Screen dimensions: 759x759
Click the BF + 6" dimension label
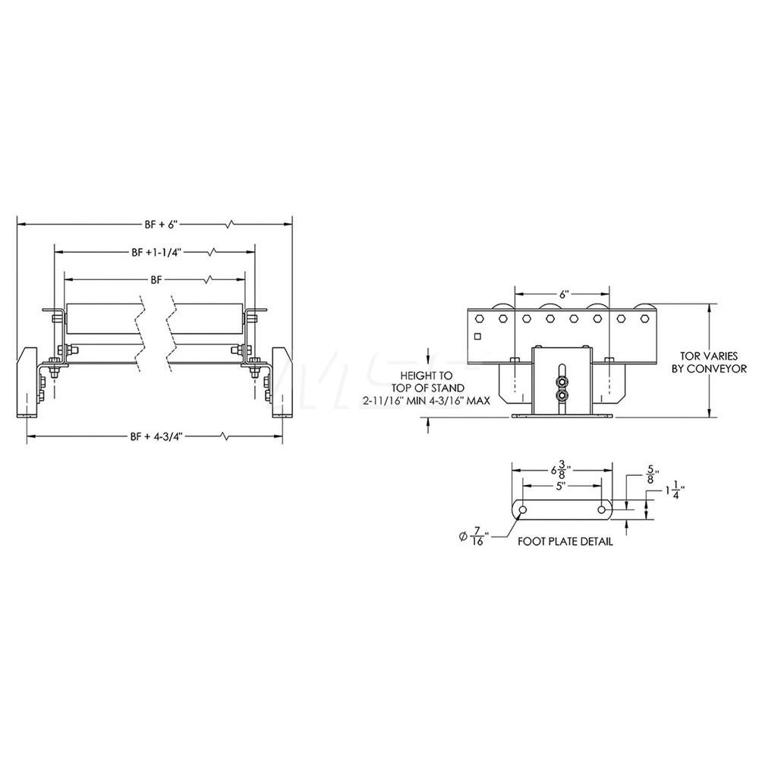[x=159, y=224]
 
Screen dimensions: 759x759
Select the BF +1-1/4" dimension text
[x=156, y=251]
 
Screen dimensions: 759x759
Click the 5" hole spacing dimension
[x=561, y=486]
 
